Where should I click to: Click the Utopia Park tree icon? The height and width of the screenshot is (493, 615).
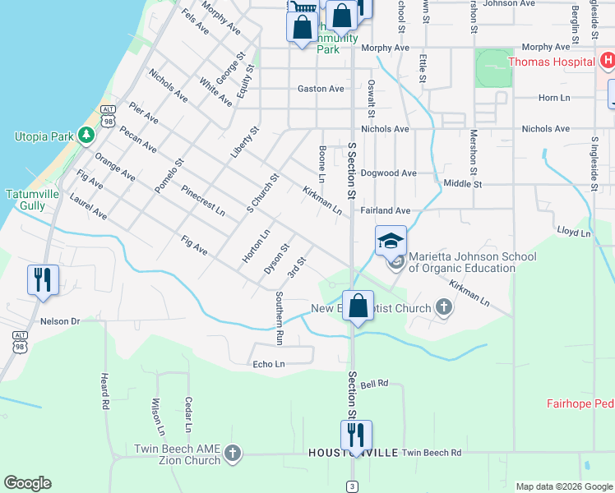[x=86, y=136]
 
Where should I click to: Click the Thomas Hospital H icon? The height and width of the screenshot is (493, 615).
[x=606, y=61]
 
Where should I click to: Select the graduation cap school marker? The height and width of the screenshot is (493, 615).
[x=391, y=241]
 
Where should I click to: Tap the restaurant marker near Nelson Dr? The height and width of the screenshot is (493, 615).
[x=41, y=279]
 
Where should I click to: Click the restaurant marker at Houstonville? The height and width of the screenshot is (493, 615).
[x=356, y=435]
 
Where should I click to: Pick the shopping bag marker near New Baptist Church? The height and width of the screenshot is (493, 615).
[x=357, y=306]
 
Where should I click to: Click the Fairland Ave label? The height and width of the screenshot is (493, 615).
[x=385, y=211]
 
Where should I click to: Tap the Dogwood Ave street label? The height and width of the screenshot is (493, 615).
[x=389, y=173]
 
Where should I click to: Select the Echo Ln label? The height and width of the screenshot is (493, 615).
[x=269, y=364]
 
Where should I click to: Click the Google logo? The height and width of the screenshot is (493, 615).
[x=27, y=483]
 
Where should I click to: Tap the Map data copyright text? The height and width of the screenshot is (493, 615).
[x=563, y=486]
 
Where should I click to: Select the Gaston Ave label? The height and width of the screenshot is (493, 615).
[x=321, y=89]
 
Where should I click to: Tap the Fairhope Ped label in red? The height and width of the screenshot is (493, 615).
[x=580, y=403]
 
